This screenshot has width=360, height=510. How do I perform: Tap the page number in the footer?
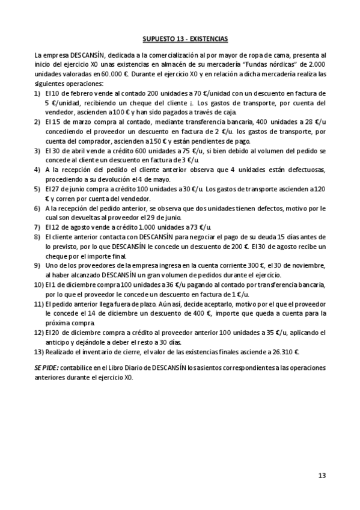[x=322, y=475]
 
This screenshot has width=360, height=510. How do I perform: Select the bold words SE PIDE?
[x=47, y=367]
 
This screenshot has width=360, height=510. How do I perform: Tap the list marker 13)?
[x=39, y=352]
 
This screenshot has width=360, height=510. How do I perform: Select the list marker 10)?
[x=39, y=284]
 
